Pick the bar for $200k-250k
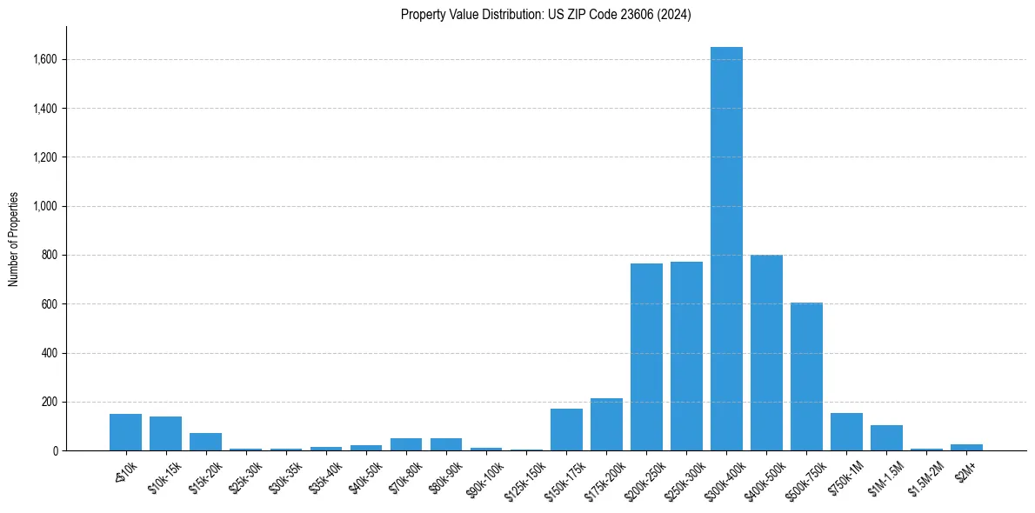(646, 357)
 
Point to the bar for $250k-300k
(686, 356)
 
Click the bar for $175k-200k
(606, 424)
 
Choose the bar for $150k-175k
(566, 430)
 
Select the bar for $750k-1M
(846, 431)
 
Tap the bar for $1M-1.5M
(886, 437)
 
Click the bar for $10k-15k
(165, 433)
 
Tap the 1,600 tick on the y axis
(45, 60)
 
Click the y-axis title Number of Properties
(14, 239)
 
